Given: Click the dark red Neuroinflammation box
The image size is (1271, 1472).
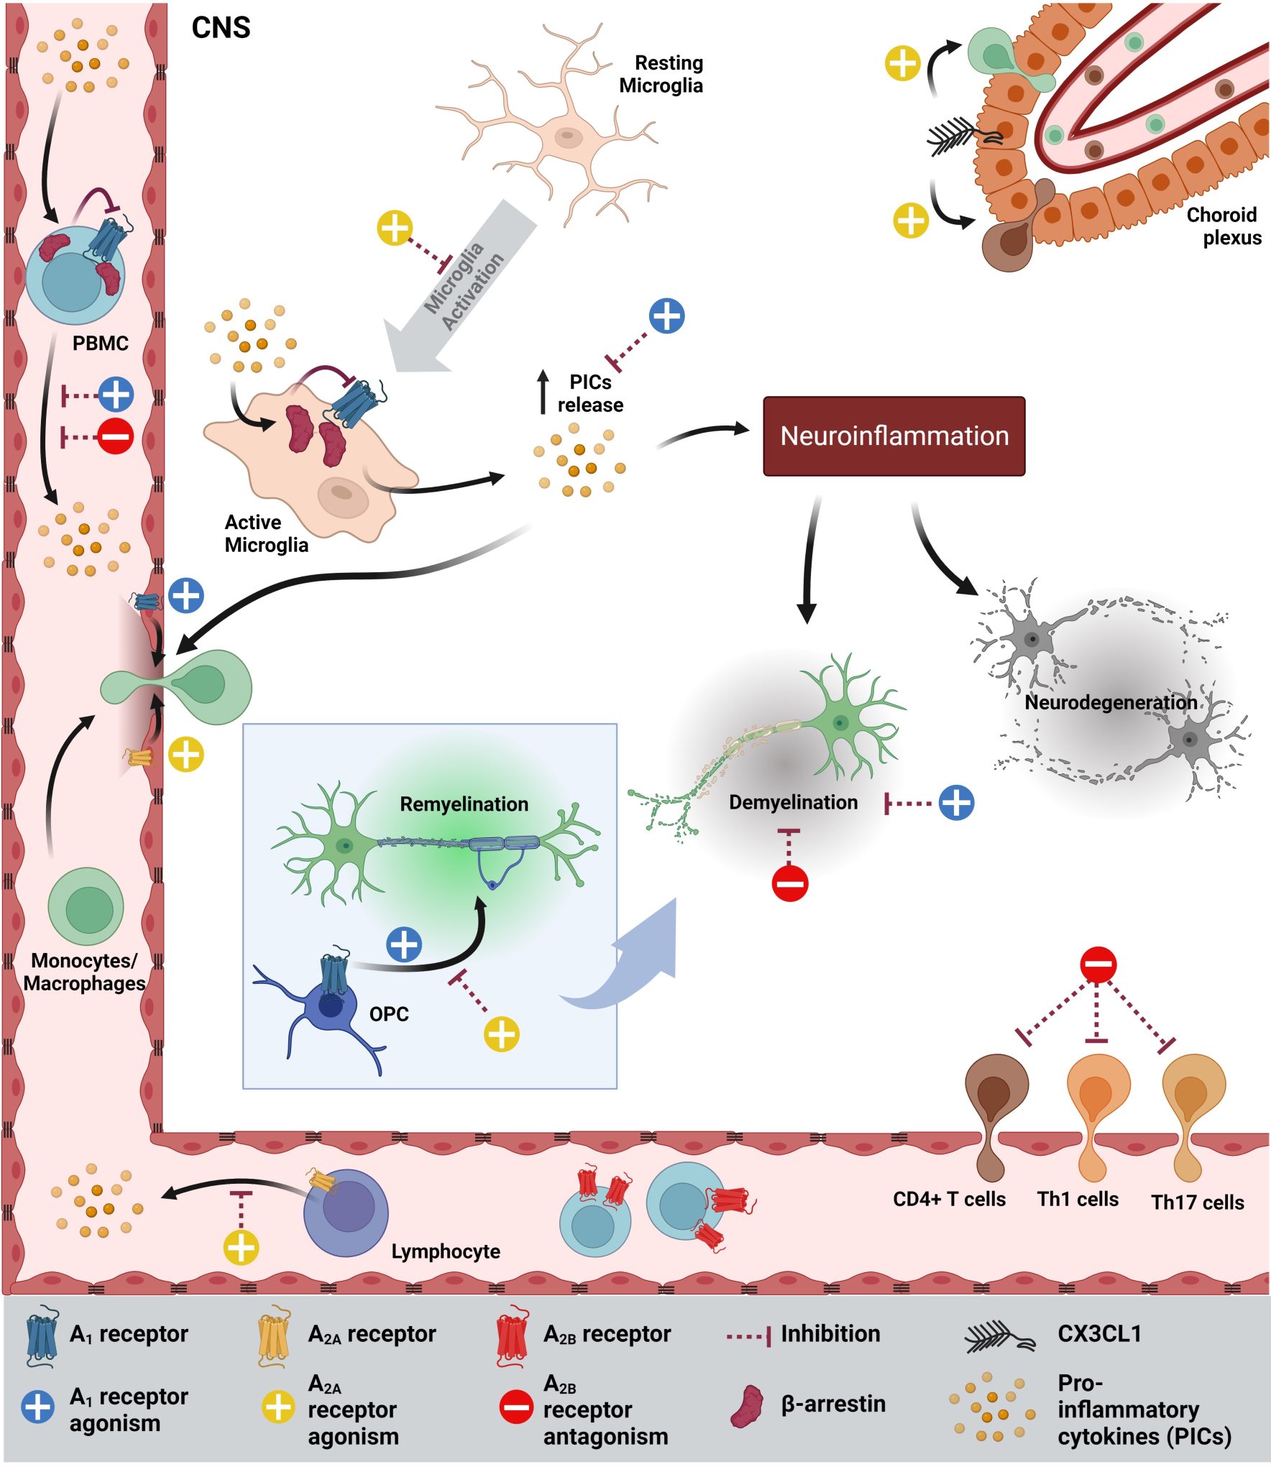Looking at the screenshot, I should tap(894, 436).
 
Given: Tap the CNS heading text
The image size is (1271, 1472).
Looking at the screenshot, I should tap(221, 28).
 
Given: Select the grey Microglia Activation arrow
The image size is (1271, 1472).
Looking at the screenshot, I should tap(460, 287).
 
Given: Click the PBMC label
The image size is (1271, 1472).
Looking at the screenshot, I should tap(101, 344).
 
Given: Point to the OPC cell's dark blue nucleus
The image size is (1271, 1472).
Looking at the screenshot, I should tap(330, 1005).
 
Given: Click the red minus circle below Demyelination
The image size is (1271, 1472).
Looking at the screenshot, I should tap(789, 883).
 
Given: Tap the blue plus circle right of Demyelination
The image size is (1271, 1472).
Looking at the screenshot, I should tap(956, 802).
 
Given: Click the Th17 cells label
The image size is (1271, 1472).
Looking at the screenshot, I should tap(1197, 1202).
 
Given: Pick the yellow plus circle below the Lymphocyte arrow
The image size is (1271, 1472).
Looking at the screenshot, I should tap(241, 1247).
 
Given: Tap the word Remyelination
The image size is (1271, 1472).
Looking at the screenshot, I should tap(464, 804).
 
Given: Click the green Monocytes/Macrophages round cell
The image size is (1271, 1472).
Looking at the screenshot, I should tap(86, 906).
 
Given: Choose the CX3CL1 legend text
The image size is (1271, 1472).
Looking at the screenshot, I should tap(1099, 1334).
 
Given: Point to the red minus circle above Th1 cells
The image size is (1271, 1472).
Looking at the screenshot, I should tap(1098, 964).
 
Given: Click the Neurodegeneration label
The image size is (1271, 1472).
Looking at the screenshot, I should tap(1110, 702).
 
